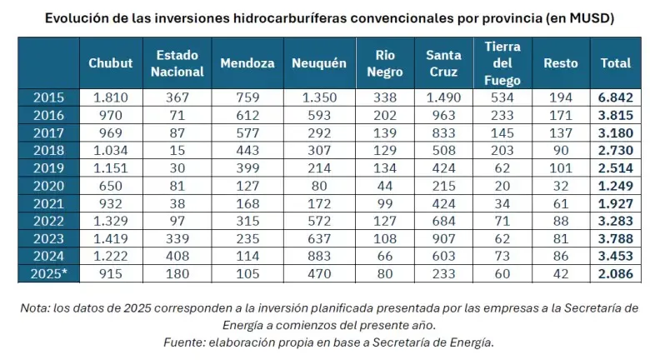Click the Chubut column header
111,63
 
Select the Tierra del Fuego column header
502,63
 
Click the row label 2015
49,97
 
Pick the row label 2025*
49,272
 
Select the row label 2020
49,185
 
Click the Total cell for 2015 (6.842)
615,97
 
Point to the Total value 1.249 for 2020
615,185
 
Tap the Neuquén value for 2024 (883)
318,255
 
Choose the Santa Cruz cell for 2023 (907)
443,237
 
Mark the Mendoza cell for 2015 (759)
248,97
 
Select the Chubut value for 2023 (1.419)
111,237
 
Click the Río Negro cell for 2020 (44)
384,185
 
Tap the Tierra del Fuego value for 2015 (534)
502,97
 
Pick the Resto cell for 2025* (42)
560,272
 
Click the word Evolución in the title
73,17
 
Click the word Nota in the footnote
34,308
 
